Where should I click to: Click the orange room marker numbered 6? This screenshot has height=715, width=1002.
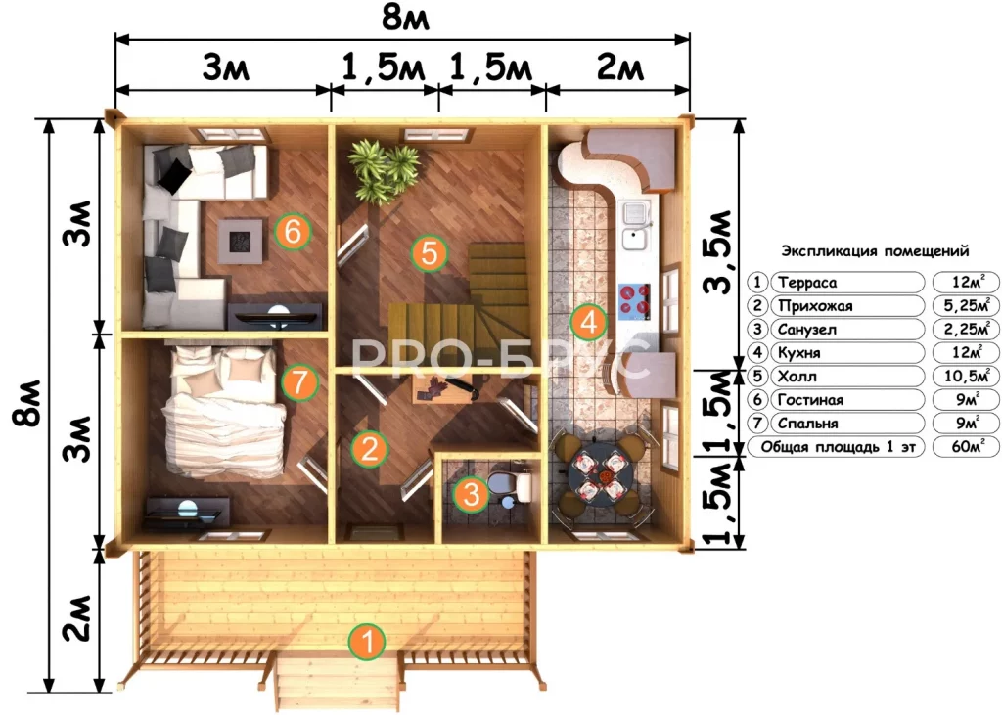click(x=293, y=231)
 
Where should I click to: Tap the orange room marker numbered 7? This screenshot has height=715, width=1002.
click(x=299, y=382)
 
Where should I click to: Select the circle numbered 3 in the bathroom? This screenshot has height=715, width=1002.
click(x=471, y=494)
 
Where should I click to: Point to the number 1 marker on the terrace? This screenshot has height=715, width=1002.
click(x=368, y=642)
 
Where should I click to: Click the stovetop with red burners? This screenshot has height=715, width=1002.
click(x=634, y=300)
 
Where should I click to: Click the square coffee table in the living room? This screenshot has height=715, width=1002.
click(x=241, y=242)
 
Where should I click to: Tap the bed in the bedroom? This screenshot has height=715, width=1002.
click(x=223, y=412)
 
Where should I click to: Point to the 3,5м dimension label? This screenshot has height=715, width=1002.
click(x=717, y=251)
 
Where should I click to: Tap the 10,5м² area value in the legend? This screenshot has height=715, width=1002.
click(x=967, y=376)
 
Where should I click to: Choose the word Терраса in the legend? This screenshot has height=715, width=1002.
click(x=807, y=283)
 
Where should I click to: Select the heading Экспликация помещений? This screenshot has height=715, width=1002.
click(x=875, y=251)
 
